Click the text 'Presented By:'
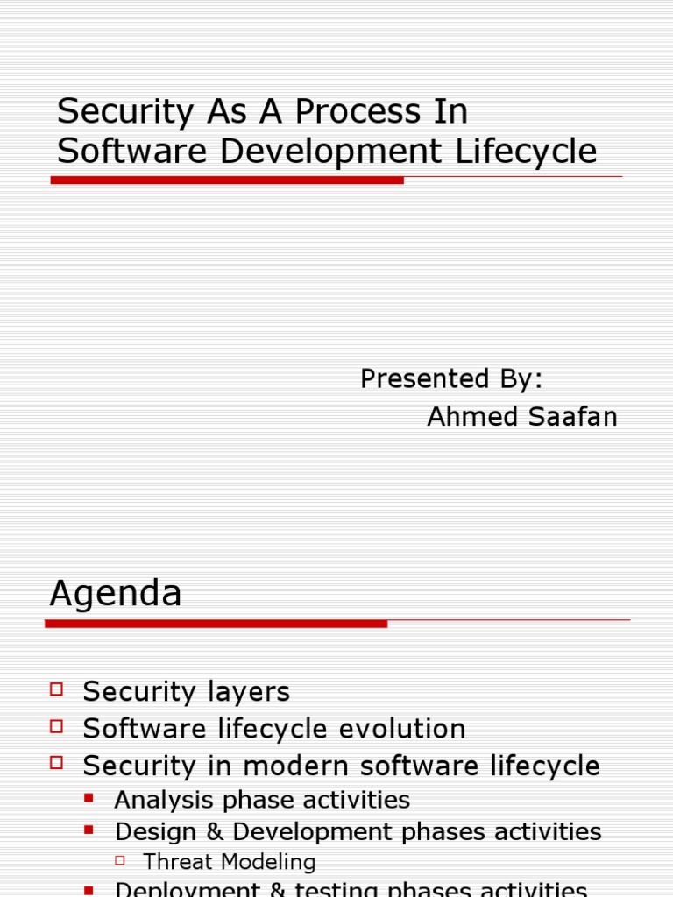coord(451,378)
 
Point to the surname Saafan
coord(571,417)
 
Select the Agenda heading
coord(116,594)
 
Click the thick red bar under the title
coord(228,180)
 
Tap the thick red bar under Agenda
coord(216,624)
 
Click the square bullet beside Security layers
coord(58,689)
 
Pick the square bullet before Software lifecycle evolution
coord(58,725)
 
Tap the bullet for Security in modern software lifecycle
coord(58,763)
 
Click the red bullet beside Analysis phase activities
coord(89,798)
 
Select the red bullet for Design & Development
coord(89,829)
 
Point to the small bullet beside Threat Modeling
coord(122,860)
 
